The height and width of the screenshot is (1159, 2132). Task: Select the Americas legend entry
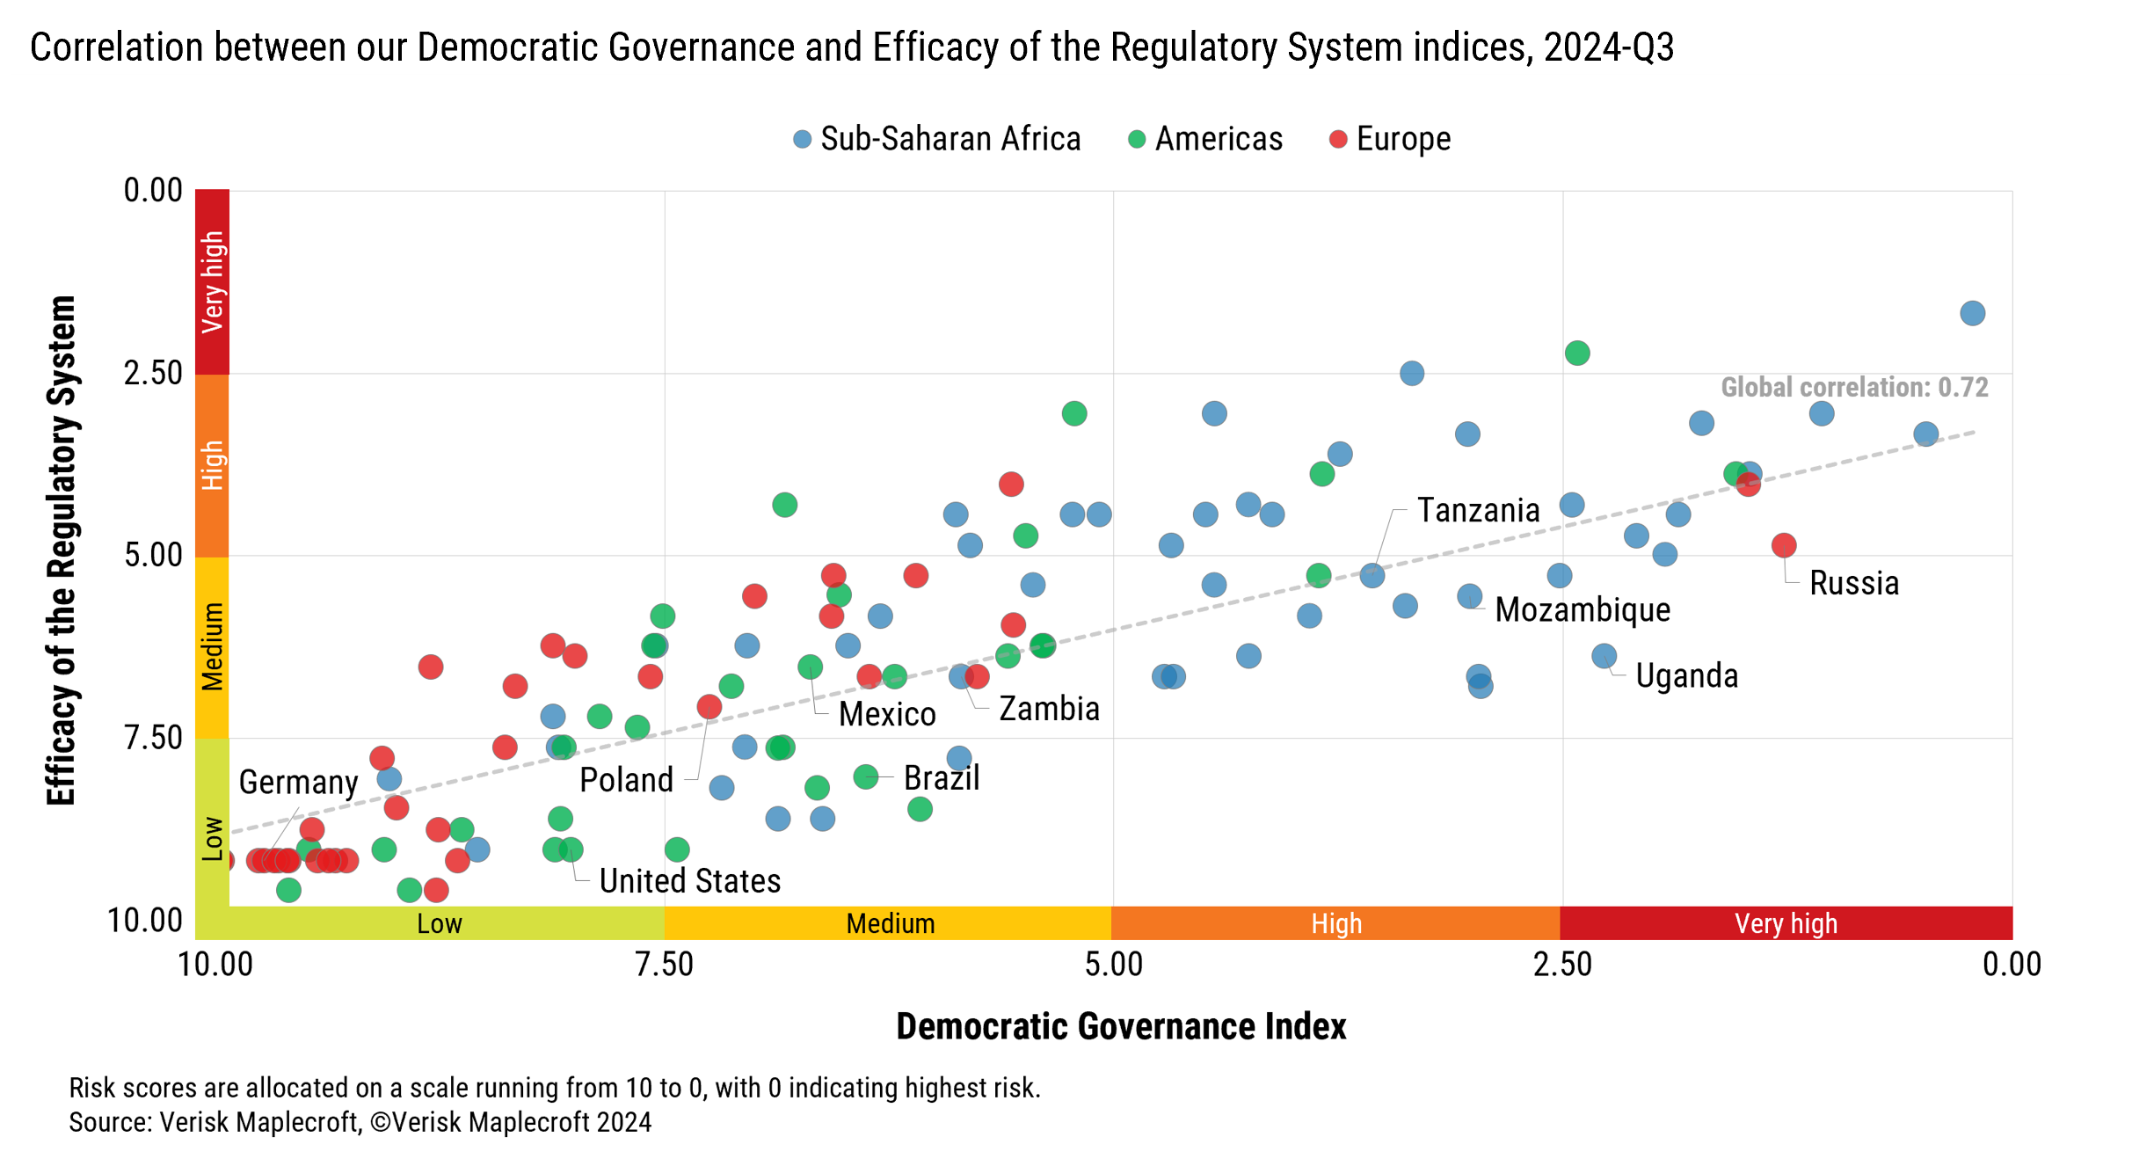click(1206, 139)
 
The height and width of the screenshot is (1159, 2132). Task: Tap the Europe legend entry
click(1391, 139)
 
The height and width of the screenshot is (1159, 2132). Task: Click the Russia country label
click(1854, 583)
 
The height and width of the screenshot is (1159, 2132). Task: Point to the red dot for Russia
click(1784, 545)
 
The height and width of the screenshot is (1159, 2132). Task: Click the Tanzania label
click(1479, 510)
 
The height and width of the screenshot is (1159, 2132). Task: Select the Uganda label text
click(1686, 675)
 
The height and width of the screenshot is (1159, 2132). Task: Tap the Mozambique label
click(1583, 609)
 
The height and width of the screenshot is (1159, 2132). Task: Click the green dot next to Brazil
click(866, 776)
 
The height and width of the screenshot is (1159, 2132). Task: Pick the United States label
click(690, 880)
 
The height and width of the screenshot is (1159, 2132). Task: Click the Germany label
click(299, 782)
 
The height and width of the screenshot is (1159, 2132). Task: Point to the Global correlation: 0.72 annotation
click(1854, 387)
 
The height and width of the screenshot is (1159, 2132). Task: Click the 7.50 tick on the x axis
click(665, 965)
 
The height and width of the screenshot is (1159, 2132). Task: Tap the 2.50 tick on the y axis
click(153, 373)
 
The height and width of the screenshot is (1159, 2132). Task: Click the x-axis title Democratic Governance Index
click(1121, 1026)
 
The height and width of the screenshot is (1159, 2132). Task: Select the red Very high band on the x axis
click(1786, 923)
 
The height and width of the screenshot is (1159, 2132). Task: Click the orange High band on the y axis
click(212, 465)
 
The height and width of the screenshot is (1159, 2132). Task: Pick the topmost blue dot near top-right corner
click(1973, 313)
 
